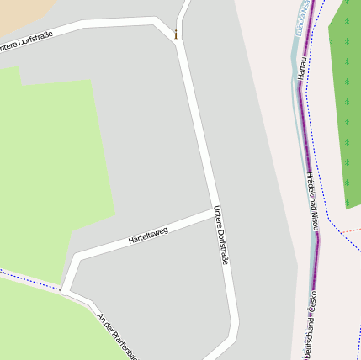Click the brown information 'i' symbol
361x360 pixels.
[175, 34]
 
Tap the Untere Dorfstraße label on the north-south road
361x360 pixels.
[221, 236]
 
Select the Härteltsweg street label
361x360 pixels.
[148, 235]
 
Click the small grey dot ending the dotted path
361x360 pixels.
[61, 290]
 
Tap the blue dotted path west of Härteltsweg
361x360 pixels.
[25, 278]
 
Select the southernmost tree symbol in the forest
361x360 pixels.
[346, 203]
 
